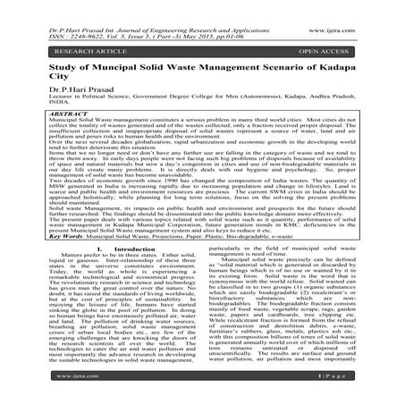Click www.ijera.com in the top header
pos(366,13)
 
